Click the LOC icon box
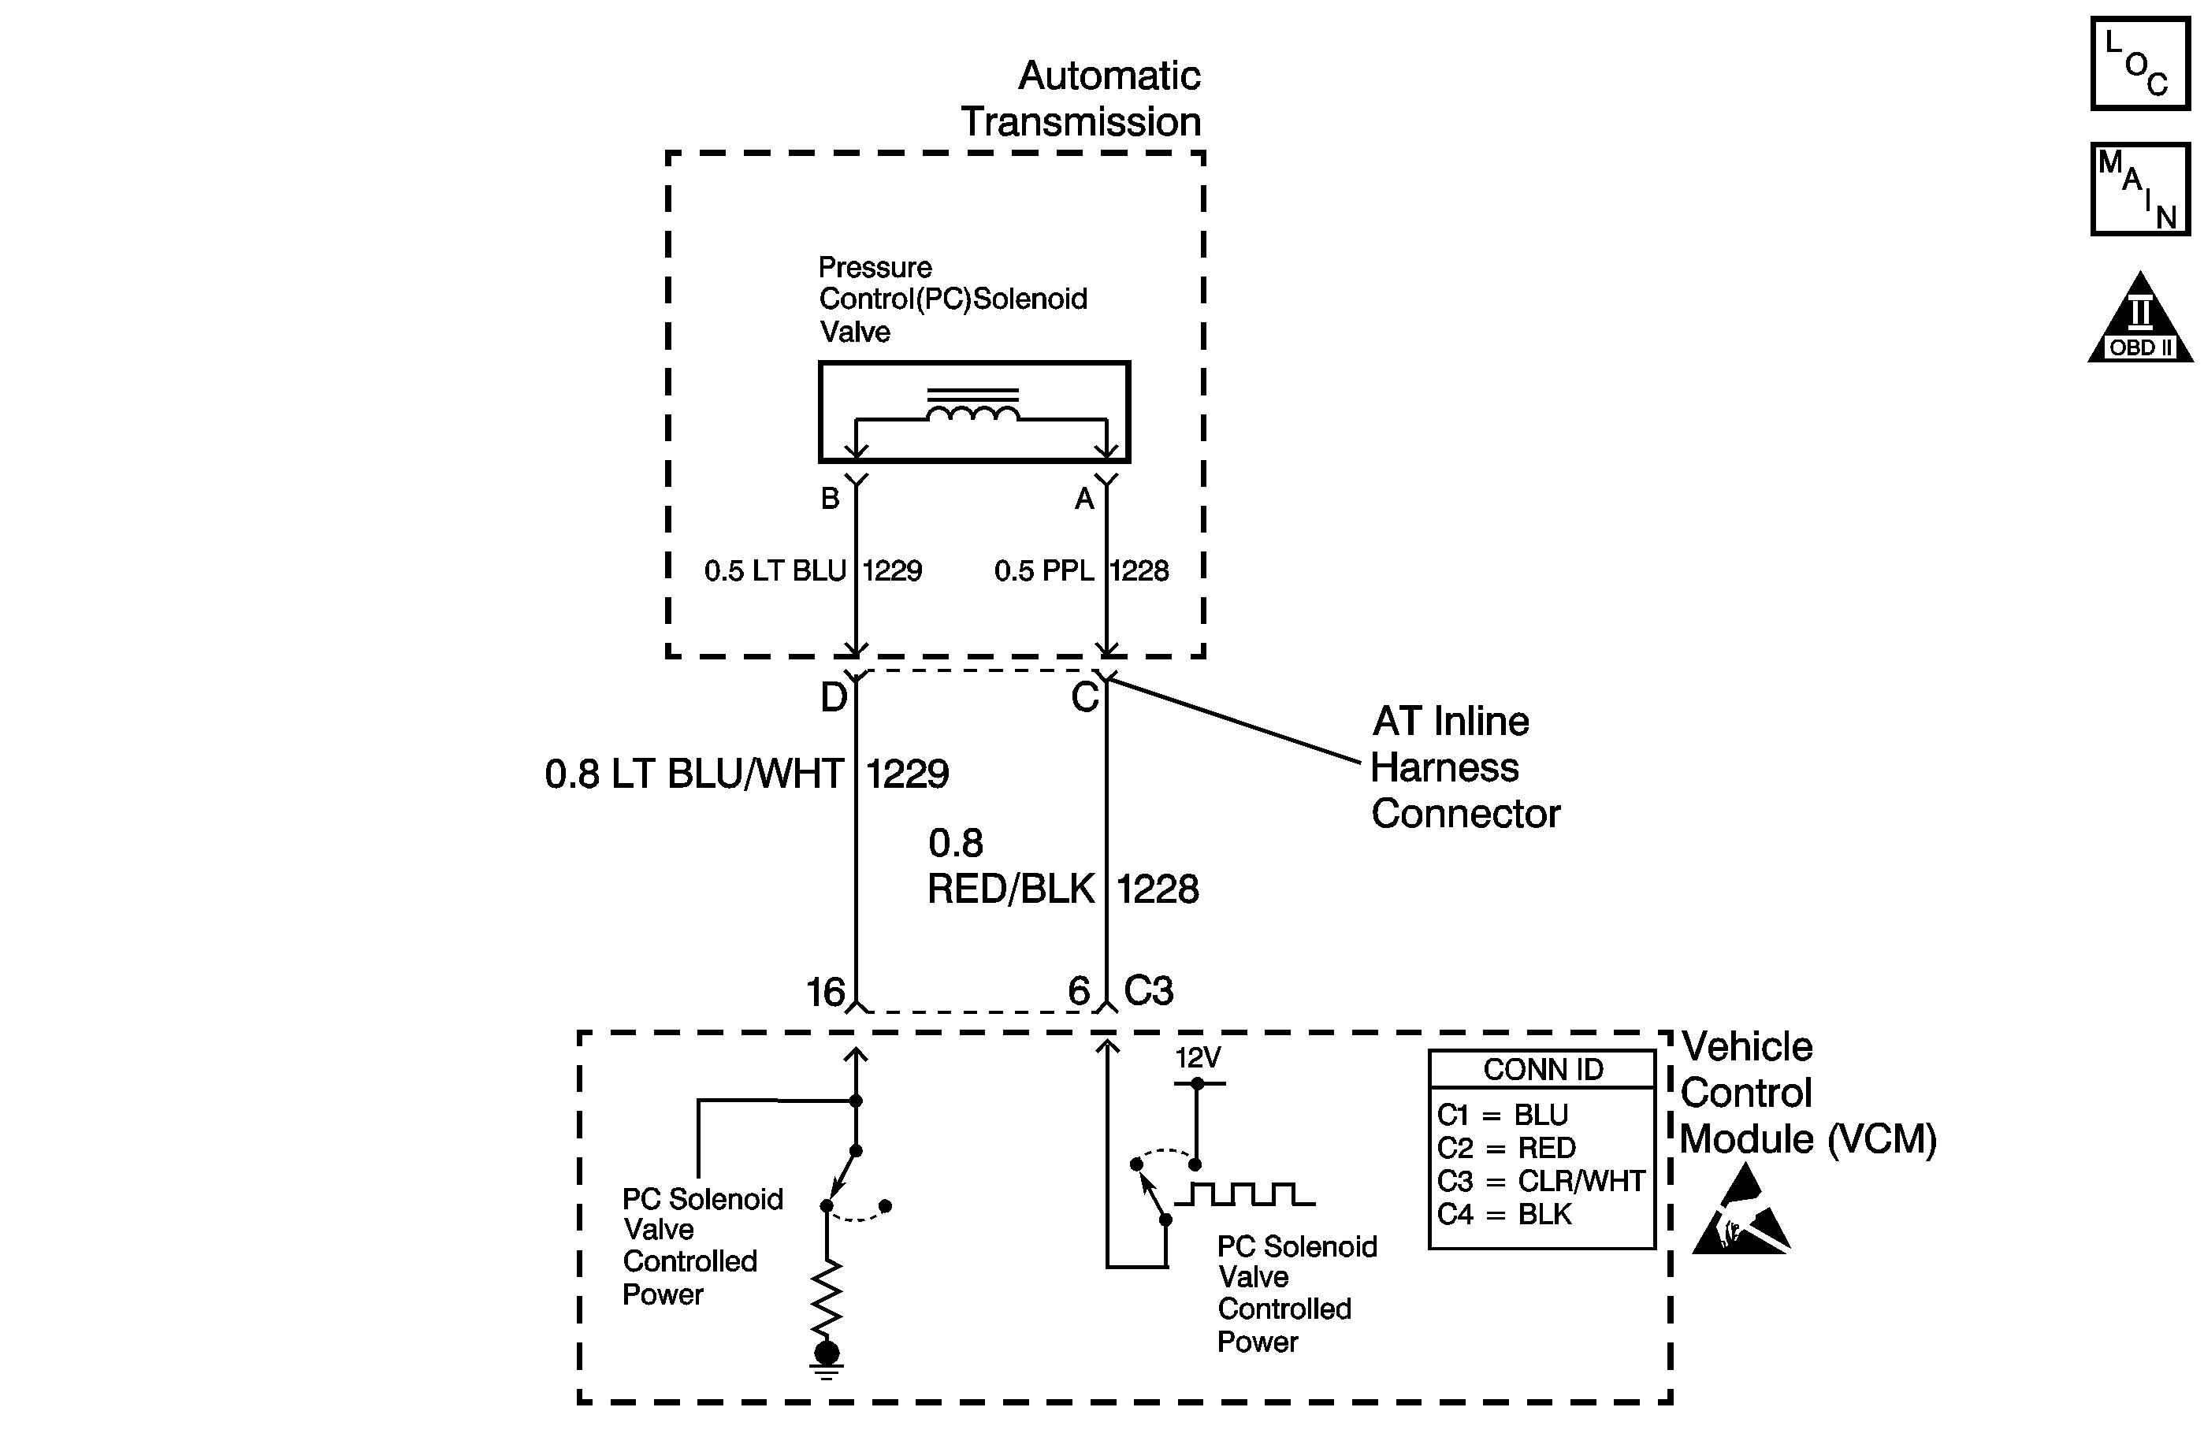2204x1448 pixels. (2140, 65)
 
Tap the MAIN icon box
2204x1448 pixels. (2140, 189)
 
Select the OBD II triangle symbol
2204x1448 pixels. (2140, 317)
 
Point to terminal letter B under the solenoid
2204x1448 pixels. (830, 499)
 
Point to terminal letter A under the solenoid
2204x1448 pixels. (1084, 499)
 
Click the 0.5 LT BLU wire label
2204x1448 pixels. (775, 570)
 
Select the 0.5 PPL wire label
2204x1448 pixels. (1043, 570)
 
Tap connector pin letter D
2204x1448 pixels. (834, 697)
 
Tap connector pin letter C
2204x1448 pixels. (1084, 697)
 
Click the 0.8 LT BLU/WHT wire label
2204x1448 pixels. (693, 774)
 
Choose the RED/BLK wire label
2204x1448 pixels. (1011, 889)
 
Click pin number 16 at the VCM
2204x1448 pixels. (825, 993)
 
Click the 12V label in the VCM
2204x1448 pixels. (1198, 1057)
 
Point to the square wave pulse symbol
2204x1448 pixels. (1244, 1194)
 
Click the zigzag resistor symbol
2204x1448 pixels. (826, 1297)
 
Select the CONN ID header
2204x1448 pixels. (1543, 1069)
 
